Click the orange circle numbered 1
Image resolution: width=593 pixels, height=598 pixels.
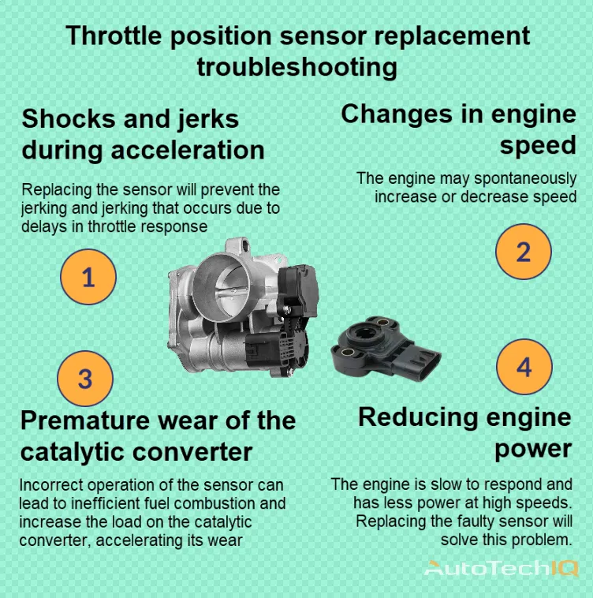88,277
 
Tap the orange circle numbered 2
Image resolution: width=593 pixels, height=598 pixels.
523,252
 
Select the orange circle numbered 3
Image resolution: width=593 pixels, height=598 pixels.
86,379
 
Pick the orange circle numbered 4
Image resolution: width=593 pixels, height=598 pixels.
524,368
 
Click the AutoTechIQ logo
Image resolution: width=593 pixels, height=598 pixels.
502,568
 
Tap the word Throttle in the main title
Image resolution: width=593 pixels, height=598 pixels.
117,36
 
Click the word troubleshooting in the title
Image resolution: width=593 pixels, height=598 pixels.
296,66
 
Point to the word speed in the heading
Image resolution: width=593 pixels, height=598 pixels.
538,145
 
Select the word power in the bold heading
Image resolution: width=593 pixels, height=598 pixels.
533,448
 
